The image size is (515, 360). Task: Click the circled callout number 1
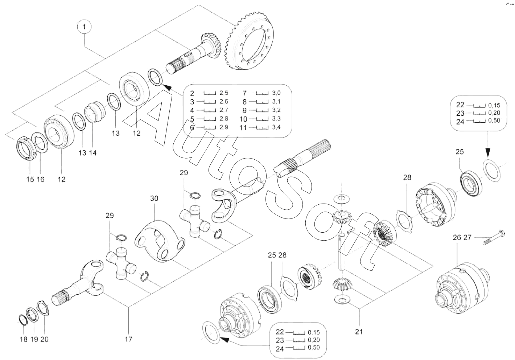[x=84, y=27]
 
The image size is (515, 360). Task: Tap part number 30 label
[x=154, y=199]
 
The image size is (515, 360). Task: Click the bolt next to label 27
[x=497, y=238]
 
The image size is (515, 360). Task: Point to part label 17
[x=128, y=339]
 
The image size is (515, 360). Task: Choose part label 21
[x=359, y=331]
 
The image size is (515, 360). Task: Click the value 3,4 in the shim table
[x=276, y=127]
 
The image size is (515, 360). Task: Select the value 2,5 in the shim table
[x=224, y=93]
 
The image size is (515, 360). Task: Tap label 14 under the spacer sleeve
[x=93, y=153]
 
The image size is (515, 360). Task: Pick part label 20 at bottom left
[x=45, y=339]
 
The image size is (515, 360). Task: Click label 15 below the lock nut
[x=30, y=179]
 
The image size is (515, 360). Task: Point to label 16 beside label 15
[x=41, y=179]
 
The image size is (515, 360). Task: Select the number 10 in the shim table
[x=243, y=119]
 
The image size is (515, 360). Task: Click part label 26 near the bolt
[x=457, y=238]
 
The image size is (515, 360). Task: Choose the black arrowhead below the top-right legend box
[x=487, y=152]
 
